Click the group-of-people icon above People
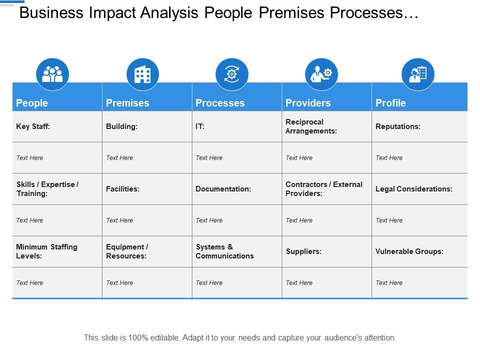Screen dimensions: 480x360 click(x=52, y=74)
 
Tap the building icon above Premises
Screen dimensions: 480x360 click(x=142, y=74)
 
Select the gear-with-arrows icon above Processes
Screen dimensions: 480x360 click(x=231, y=74)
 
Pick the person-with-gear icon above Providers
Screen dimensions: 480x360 click(x=321, y=74)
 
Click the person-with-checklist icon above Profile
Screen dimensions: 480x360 click(x=418, y=74)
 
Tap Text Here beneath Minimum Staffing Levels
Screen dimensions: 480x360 click(x=29, y=283)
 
